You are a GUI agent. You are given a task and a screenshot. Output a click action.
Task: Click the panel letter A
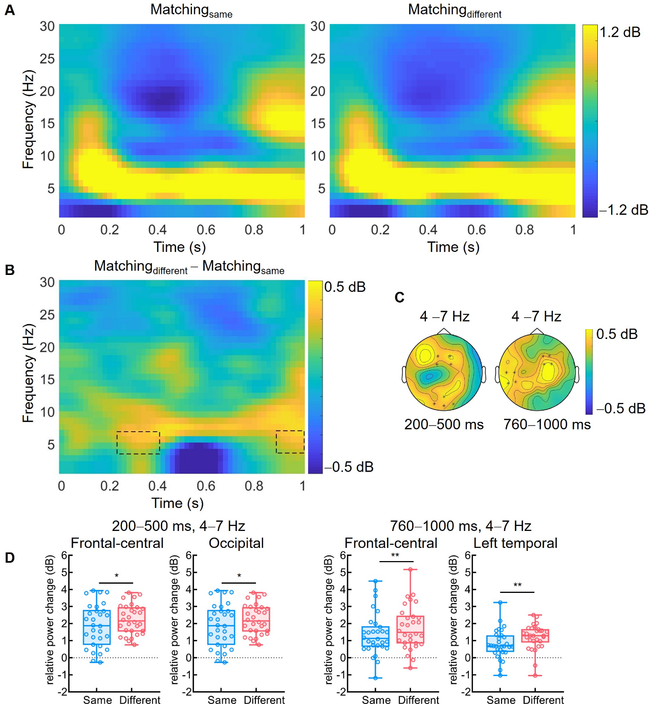(x=9, y=10)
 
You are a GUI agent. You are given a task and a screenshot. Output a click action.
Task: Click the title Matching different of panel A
(x=454, y=11)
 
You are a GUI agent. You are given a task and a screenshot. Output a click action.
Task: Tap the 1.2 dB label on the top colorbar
(x=620, y=32)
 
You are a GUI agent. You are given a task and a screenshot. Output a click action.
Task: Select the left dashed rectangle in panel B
(x=138, y=443)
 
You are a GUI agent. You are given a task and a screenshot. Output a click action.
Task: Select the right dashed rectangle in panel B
(x=290, y=442)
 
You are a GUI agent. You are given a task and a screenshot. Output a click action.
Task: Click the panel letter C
(x=400, y=297)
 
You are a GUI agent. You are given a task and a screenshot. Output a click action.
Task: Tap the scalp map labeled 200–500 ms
(x=444, y=373)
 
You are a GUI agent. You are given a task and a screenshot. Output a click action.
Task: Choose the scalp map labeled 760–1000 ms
(x=537, y=373)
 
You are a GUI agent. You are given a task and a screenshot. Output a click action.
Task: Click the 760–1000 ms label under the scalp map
(x=547, y=424)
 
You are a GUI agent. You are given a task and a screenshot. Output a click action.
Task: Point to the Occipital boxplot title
(x=236, y=543)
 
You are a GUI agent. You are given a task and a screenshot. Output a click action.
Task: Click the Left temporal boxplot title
(x=515, y=543)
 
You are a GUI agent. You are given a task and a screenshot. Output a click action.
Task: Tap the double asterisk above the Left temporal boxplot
(x=517, y=585)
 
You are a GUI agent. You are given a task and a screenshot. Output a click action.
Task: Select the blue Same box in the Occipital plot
(x=221, y=627)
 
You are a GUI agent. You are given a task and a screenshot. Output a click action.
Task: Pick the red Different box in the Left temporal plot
(x=535, y=636)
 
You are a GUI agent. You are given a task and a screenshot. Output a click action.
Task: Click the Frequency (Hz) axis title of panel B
(x=28, y=373)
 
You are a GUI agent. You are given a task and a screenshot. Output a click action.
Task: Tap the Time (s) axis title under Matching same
(x=180, y=247)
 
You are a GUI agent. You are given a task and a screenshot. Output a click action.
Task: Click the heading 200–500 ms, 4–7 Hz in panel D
(x=179, y=526)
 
